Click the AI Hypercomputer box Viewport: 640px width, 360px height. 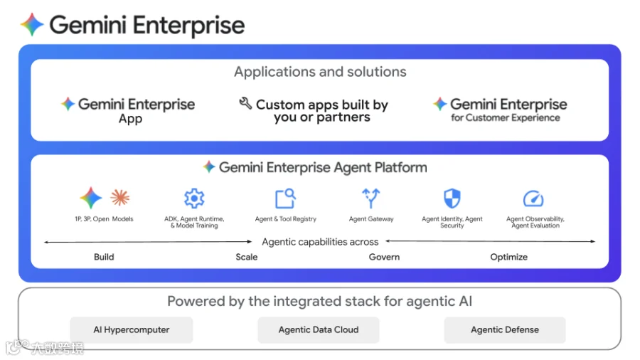(131, 330)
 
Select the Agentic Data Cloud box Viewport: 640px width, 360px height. (318, 330)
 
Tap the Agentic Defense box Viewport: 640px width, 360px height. (505, 330)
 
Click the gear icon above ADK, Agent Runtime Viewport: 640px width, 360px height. (194, 198)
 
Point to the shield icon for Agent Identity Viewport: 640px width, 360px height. (452, 198)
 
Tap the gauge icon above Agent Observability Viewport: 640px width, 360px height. (533, 198)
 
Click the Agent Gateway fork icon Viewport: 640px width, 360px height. (371, 198)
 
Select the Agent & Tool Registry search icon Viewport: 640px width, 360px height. (285, 198)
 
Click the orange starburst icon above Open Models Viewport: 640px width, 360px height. (120, 198)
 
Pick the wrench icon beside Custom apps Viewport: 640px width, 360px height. (245, 104)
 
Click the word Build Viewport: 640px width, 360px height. (104, 257)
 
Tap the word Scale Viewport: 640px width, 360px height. (247, 257)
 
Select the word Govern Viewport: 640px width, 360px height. (384, 257)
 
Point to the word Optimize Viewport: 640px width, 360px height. (508, 257)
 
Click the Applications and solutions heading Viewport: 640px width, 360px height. (320, 72)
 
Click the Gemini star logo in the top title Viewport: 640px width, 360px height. (32, 25)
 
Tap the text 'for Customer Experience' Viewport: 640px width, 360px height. (505, 118)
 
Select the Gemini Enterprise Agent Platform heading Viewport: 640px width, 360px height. (323, 168)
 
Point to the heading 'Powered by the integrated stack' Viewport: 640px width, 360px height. (319, 301)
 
